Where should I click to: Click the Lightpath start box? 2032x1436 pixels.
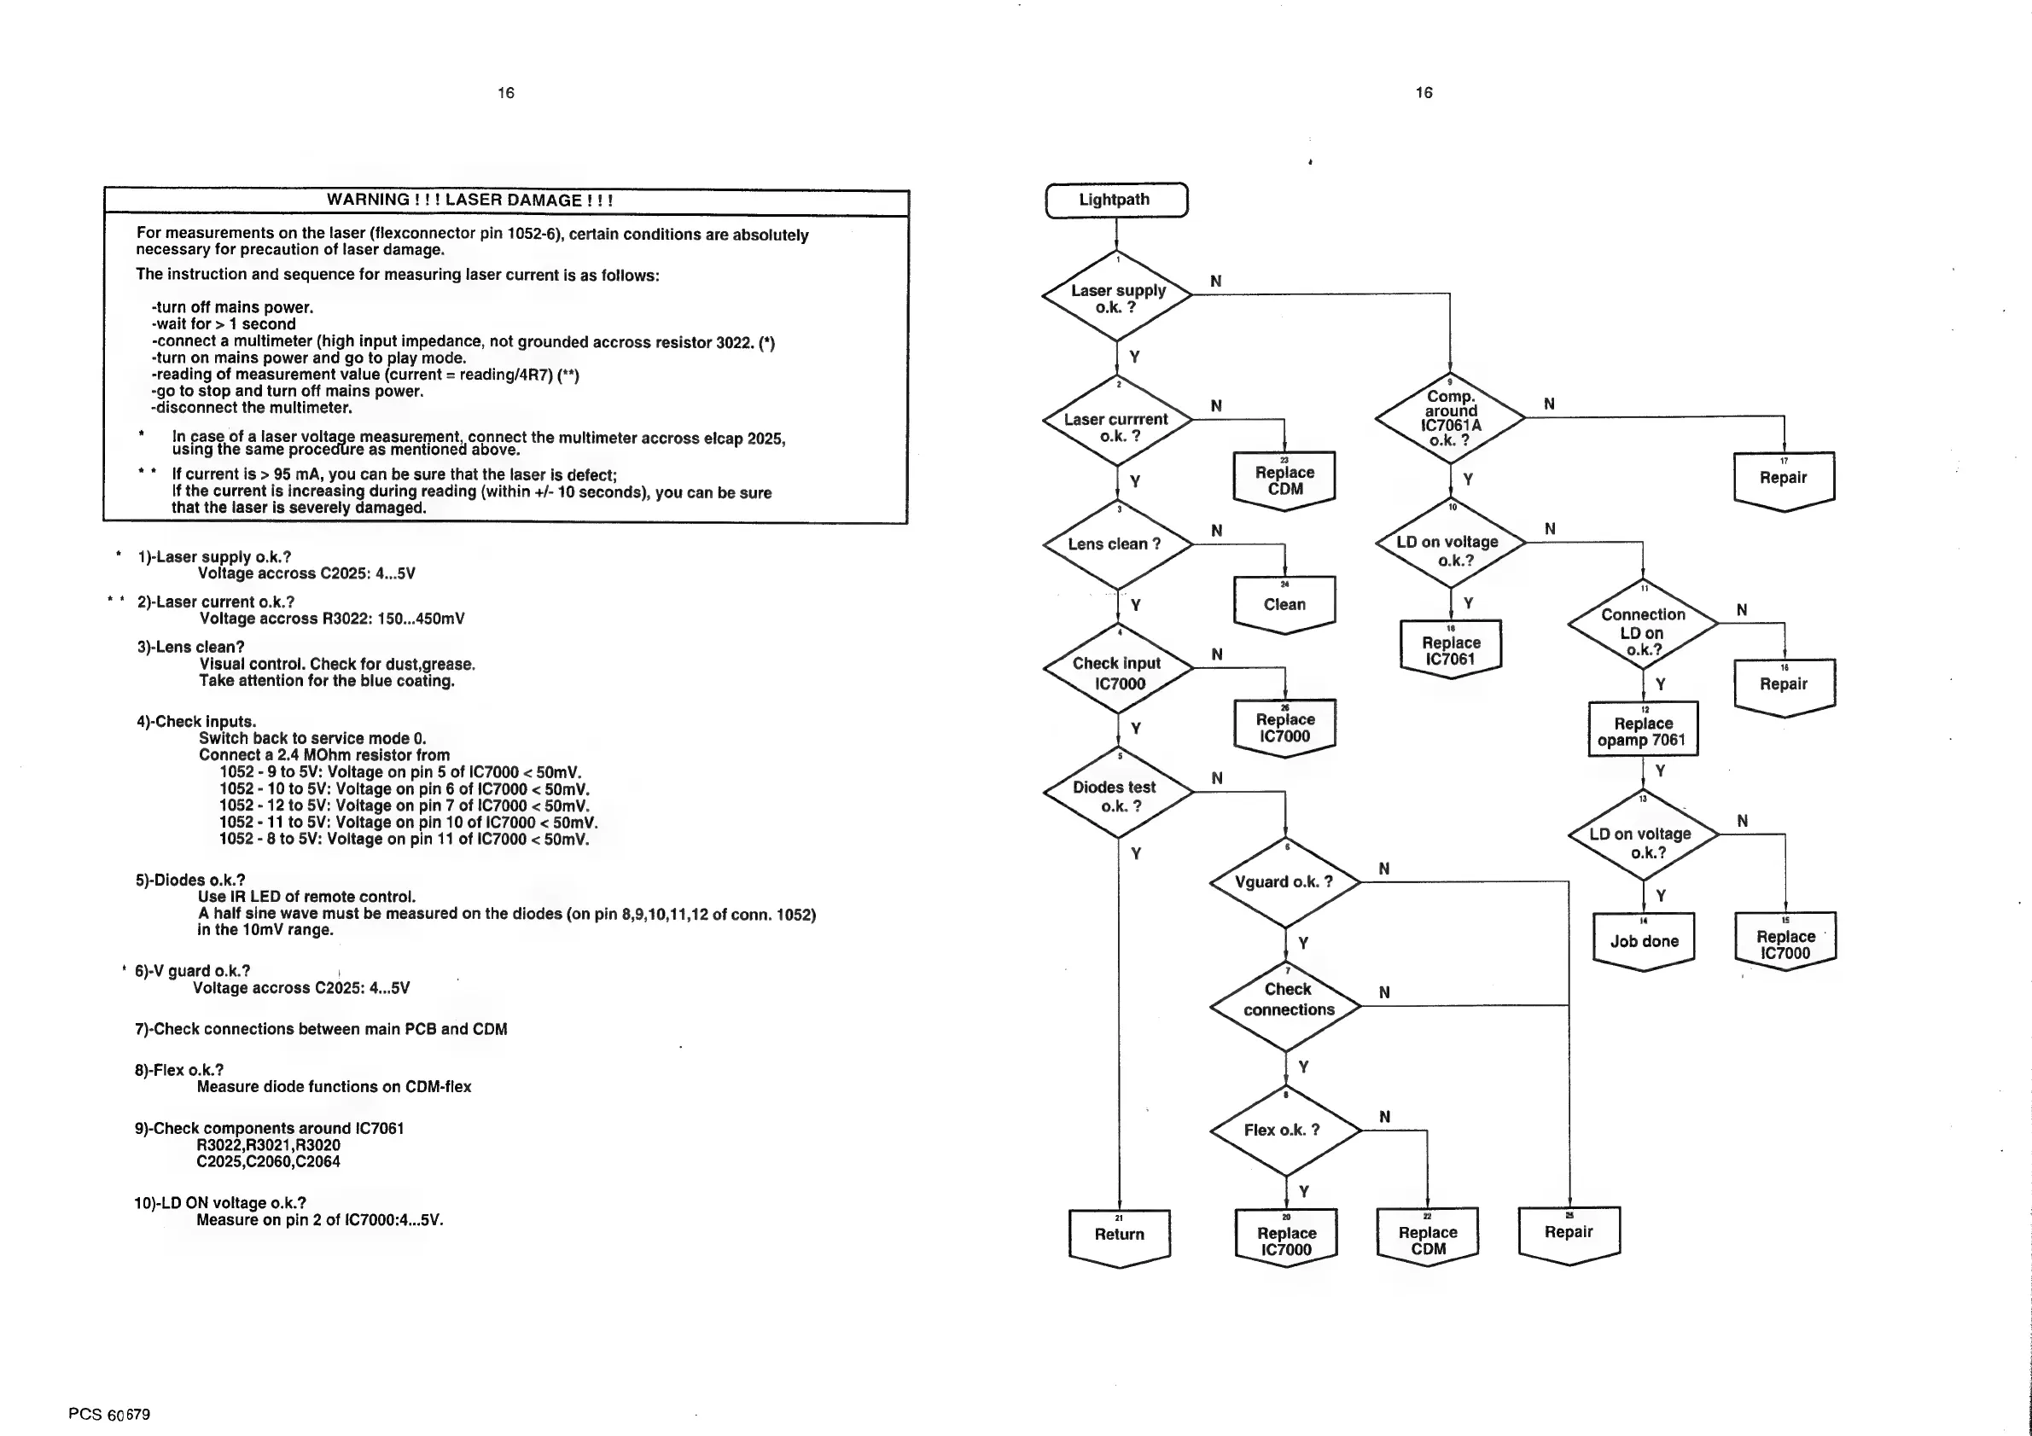(1115, 200)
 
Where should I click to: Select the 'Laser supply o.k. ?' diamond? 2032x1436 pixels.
(1117, 297)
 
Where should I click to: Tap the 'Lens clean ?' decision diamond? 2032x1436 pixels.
(1117, 544)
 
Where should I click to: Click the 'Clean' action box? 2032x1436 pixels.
(1284, 604)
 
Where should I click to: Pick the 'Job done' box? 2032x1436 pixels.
(1644, 941)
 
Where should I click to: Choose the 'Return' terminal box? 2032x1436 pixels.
(1119, 1235)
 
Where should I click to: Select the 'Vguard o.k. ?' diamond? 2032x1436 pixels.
(1284, 881)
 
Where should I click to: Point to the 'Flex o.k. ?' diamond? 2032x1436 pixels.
(1284, 1130)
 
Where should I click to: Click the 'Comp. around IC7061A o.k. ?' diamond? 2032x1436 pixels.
(1450, 416)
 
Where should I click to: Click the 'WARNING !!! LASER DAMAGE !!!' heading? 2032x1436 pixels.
(469, 200)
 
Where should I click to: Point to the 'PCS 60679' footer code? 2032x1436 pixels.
(109, 1414)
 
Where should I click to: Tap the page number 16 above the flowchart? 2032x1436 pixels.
(1424, 93)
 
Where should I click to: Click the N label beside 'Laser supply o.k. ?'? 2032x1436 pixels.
(1215, 282)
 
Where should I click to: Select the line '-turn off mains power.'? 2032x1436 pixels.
(232, 308)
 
